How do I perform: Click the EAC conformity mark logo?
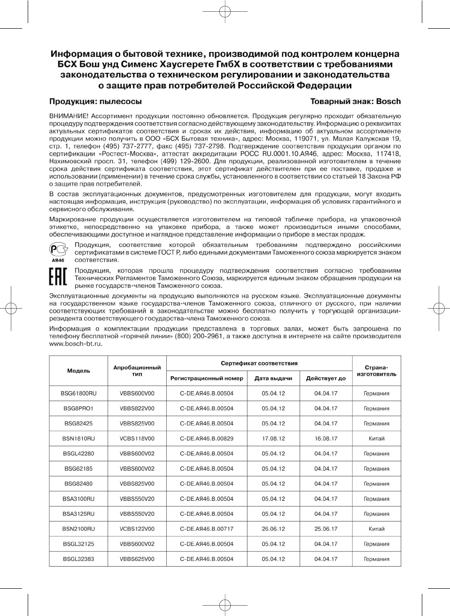pyautogui.click(x=58, y=278)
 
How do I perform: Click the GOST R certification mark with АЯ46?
pyautogui.click(x=58, y=251)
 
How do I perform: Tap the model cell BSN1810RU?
pyautogui.click(x=78, y=439)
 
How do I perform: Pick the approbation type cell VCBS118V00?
pyautogui.click(x=137, y=439)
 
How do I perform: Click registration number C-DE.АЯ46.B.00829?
pyautogui.click(x=207, y=439)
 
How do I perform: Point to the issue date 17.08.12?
pyautogui.click(x=273, y=439)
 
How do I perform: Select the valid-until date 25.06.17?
pyautogui.click(x=326, y=529)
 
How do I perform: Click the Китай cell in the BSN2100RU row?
pyautogui.click(x=376, y=529)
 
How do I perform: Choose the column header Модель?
pyautogui.click(x=78, y=371)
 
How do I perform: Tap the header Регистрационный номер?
pyautogui.click(x=207, y=379)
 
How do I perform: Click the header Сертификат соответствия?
pyautogui.click(x=259, y=363)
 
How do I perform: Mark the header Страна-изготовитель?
pyautogui.click(x=376, y=371)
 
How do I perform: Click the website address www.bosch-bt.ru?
pyautogui.click(x=76, y=344)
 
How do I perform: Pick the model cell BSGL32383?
pyautogui.click(x=78, y=559)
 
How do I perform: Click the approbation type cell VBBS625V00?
pyautogui.click(x=137, y=559)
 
